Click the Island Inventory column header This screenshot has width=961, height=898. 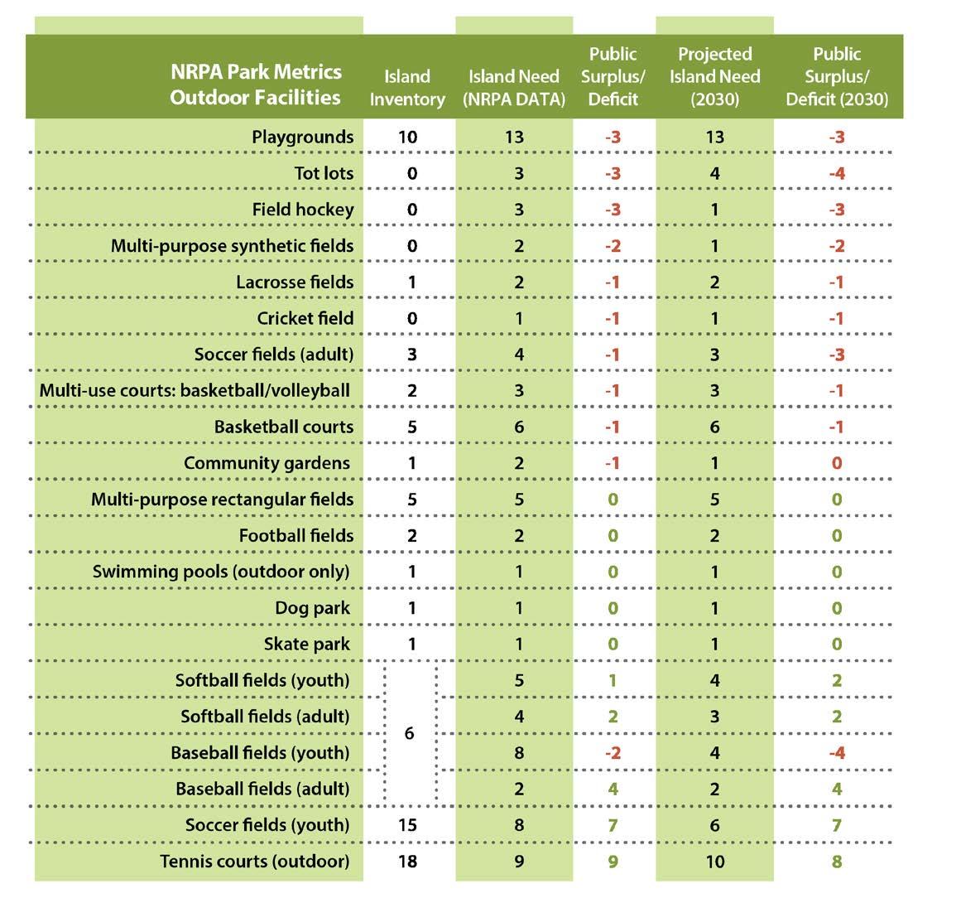coord(406,88)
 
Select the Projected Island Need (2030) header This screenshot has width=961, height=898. coord(714,76)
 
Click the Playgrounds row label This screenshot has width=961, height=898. coord(302,137)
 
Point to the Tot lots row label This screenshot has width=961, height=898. coord(324,173)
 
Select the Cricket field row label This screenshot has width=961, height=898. coord(305,318)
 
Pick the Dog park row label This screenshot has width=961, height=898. coord(312,608)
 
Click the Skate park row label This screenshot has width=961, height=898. coord(306,644)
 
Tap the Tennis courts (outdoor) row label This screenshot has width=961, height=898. coord(255,861)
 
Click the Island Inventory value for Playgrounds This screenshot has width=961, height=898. coord(407,137)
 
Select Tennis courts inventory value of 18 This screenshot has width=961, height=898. coord(407,861)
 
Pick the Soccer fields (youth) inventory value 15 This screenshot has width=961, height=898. coord(407,825)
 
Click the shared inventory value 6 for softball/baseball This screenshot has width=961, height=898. coord(410,734)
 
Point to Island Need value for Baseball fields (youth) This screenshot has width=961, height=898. coord(519,753)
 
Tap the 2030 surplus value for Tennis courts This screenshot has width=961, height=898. coord(837,861)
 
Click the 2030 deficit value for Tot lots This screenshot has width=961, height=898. coord(837,173)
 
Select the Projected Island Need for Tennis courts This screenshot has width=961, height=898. coord(714,861)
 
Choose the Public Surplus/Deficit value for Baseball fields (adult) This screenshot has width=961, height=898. coord(613,789)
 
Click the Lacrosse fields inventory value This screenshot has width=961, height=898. coord(412,282)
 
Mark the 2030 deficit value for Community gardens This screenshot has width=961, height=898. coord(837,463)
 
